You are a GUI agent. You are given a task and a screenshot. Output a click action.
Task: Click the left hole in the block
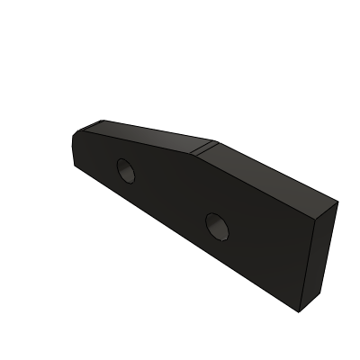coord(125,169)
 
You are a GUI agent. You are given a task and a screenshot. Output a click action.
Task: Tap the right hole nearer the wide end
coord(217,227)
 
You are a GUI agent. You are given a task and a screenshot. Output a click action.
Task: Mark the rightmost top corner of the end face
coord(337,202)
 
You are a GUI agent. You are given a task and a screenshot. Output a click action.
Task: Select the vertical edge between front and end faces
coord(310,265)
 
